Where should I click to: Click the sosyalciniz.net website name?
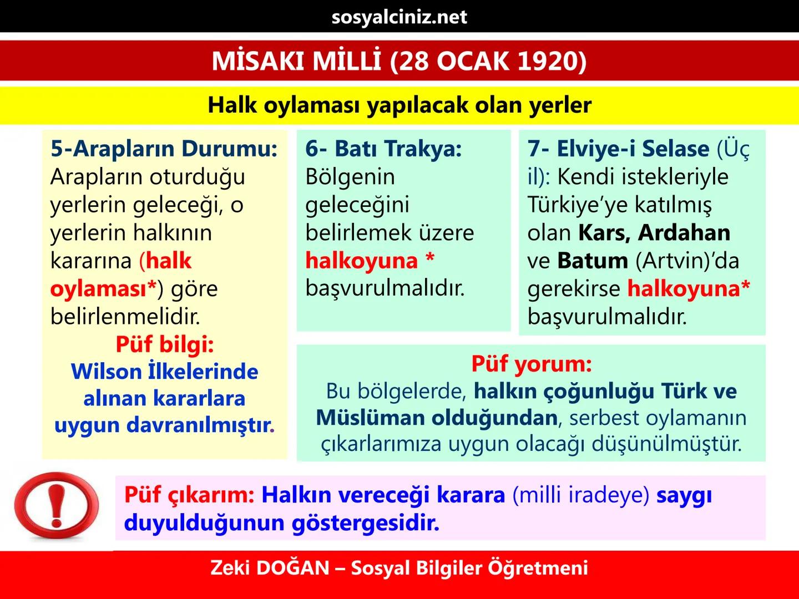[x=399, y=17]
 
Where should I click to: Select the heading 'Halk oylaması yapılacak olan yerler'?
[x=399, y=105]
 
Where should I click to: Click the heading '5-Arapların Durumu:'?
[x=164, y=149]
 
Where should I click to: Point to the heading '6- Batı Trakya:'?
[x=383, y=149]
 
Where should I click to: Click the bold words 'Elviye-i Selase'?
[x=633, y=149]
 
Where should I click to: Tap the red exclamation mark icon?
[x=55, y=505]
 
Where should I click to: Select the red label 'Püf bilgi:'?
[x=164, y=344]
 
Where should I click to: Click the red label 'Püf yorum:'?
[x=531, y=364]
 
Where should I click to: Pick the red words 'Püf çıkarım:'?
[x=189, y=495]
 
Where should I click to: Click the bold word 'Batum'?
[x=592, y=261]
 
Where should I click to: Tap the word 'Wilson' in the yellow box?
[x=106, y=372]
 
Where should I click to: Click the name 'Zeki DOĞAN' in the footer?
[x=270, y=568]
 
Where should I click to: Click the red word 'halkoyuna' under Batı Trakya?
[x=361, y=261]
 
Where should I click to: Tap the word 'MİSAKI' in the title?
[x=258, y=61]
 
